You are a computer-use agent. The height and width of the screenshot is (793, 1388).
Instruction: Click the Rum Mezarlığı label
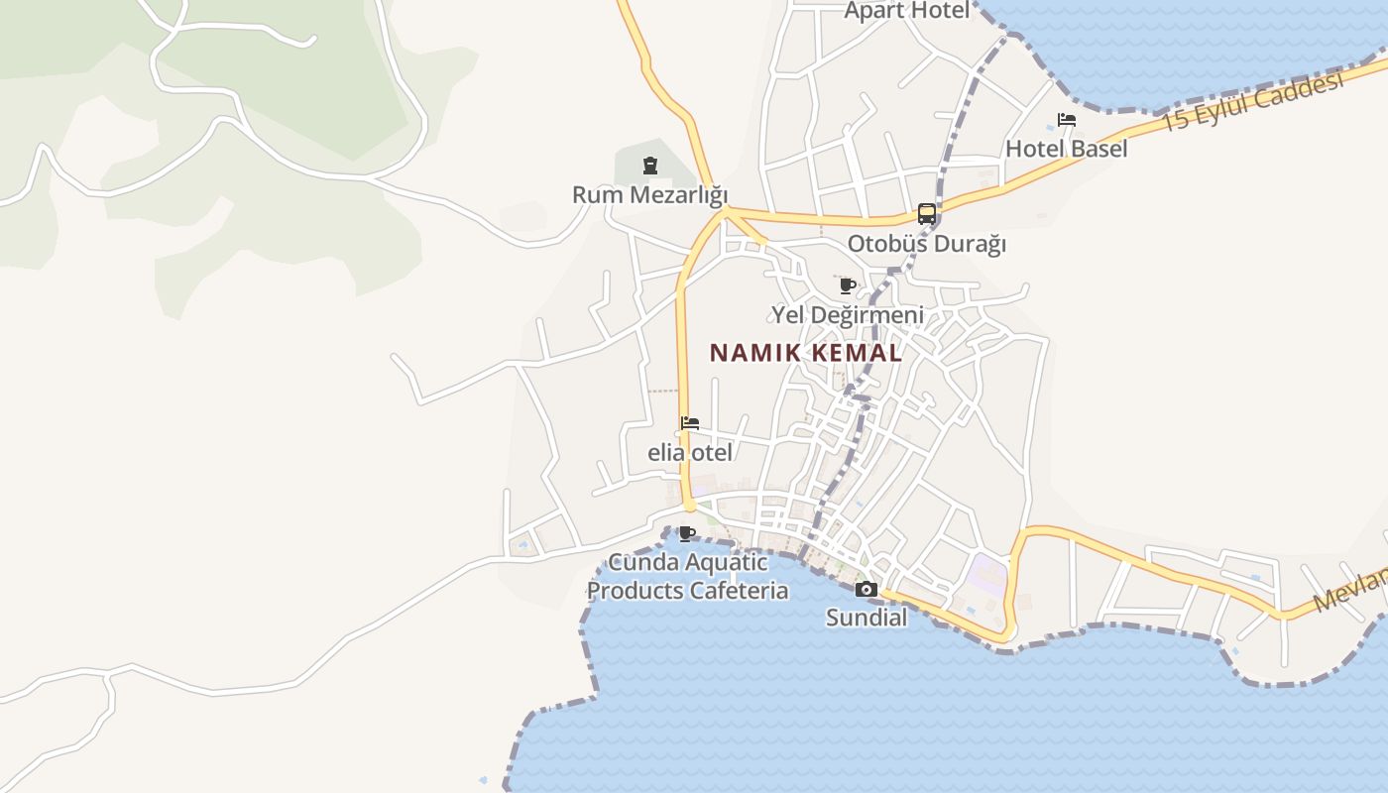(x=649, y=194)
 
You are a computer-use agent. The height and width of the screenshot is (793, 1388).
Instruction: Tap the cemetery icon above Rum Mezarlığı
(x=650, y=166)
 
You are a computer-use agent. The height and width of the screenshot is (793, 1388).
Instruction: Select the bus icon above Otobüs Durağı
(x=927, y=213)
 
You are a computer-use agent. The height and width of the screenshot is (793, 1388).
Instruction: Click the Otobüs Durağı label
(x=926, y=243)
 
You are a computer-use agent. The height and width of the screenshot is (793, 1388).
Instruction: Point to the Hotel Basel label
(x=1066, y=149)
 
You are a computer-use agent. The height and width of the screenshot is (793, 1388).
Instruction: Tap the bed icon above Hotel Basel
(x=1067, y=121)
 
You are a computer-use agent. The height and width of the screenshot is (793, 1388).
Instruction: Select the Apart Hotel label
(x=906, y=11)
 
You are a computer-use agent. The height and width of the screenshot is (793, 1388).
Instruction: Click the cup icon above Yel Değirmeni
(x=847, y=286)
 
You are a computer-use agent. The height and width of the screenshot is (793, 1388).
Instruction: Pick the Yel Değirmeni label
(x=848, y=315)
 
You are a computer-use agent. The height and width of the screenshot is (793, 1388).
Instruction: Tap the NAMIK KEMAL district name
(x=806, y=353)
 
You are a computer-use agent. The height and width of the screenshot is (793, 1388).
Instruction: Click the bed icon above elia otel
(x=690, y=424)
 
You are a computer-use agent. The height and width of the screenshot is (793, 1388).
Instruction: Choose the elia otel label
(x=690, y=453)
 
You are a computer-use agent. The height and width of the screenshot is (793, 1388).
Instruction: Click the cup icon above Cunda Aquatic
(x=686, y=534)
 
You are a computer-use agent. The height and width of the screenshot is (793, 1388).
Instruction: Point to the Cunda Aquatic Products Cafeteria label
(x=688, y=577)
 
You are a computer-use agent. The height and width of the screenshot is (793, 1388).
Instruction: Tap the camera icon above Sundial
(x=867, y=590)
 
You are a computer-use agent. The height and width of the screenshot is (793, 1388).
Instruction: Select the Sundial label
(x=867, y=618)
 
